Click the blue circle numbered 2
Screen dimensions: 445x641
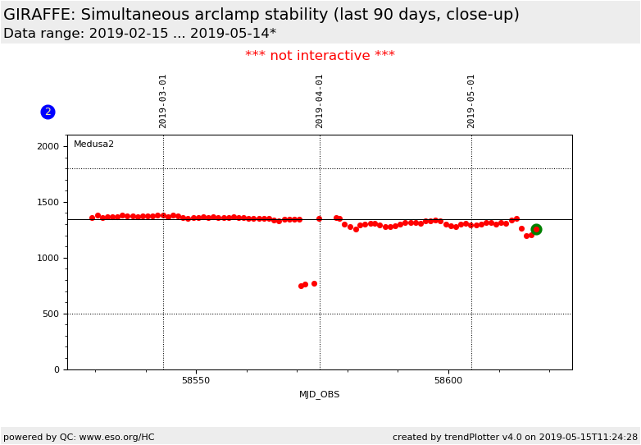point(48,112)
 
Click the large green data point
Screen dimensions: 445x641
point(536,230)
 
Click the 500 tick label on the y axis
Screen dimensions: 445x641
point(51,314)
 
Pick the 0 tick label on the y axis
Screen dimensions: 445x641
point(56,369)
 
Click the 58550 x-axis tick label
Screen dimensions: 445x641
point(196,381)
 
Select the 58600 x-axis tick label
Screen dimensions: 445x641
point(448,381)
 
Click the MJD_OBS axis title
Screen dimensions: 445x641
point(320,395)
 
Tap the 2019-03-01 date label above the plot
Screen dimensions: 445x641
point(163,101)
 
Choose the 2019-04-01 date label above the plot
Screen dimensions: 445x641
point(320,101)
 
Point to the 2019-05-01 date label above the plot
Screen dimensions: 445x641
point(471,101)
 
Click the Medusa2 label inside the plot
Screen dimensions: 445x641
point(93,145)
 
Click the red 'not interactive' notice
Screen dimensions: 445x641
point(320,56)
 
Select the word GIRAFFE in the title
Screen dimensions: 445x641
point(39,15)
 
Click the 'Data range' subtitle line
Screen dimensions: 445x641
point(139,34)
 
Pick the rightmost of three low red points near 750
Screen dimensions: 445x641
point(314,284)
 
